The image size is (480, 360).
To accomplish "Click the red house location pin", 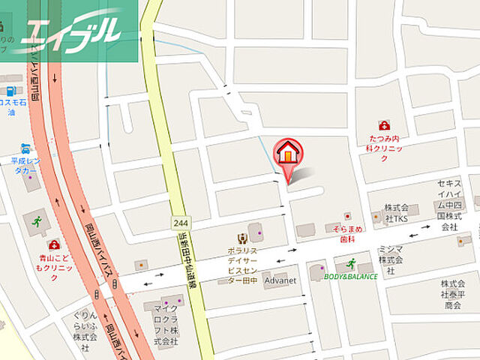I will coord(288,154).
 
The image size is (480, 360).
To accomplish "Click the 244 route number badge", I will coord(180,223).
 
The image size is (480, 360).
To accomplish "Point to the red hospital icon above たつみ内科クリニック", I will coord(384,125).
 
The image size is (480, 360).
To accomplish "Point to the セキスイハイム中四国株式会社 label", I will coord(454,205).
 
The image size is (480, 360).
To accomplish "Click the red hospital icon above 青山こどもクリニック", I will coord(53,244).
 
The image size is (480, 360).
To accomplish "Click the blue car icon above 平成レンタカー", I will coord(26,147).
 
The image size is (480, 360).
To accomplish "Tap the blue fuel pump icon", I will coord(11,91).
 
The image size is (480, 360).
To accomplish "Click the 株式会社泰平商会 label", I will coord(451,295).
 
